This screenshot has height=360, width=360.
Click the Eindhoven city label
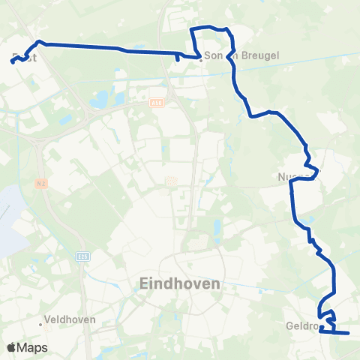pyautogui.click(x=180, y=284)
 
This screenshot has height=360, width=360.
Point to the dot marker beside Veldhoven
pyautogui.click(x=41, y=324)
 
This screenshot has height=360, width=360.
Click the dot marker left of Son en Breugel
pyautogui.click(x=200, y=59)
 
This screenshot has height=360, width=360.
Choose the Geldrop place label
pyautogui.click(x=302, y=326)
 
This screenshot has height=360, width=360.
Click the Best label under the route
pyautogui.click(x=25, y=57)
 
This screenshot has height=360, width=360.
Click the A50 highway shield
pyautogui.click(x=155, y=103)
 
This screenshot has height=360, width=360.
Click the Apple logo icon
pyautogui.click(x=10, y=348)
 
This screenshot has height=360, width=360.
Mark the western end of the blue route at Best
pyautogui.click(x=13, y=62)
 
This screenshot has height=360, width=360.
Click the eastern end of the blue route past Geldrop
pyautogui.click(x=349, y=333)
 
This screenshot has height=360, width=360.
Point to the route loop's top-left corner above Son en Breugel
pyautogui.click(x=192, y=29)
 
